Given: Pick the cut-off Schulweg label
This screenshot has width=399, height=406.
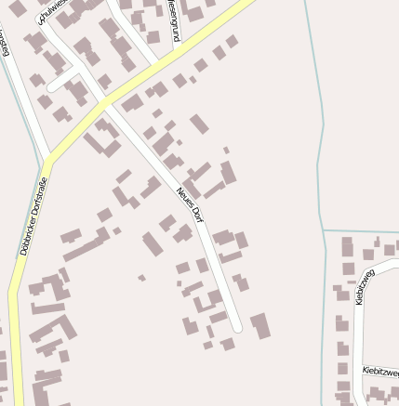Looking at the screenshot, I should pyautogui.click(x=52, y=12).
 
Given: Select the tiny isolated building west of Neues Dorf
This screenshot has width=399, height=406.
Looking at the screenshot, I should pyautogui.click(x=141, y=277).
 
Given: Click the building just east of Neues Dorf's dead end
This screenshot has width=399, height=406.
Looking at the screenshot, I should pyautogui.click(x=259, y=324).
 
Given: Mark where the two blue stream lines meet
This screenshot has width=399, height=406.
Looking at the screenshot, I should pyautogui.click(x=323, y=229).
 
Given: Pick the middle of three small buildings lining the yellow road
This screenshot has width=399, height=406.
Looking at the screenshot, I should pyautogui.click(x=201, y=65).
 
